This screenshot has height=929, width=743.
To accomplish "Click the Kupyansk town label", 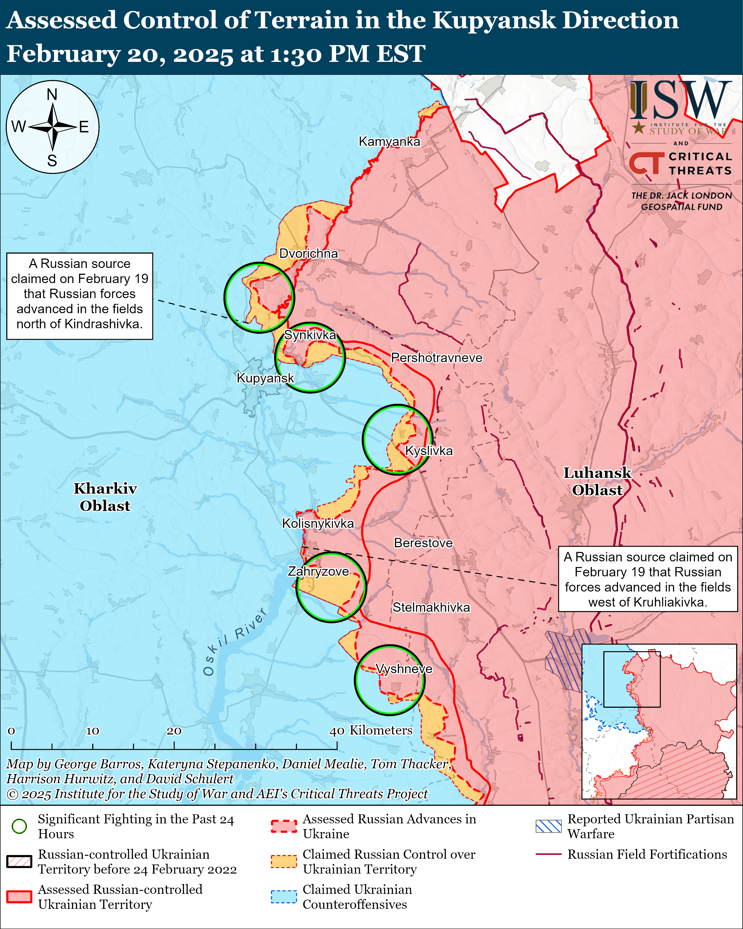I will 265,378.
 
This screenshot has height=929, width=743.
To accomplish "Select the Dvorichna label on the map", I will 308,253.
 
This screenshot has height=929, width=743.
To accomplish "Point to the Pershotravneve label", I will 436,358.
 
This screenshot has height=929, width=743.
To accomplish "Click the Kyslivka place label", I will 429,451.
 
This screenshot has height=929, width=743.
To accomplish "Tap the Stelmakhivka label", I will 431,607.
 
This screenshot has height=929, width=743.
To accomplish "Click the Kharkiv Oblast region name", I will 105,497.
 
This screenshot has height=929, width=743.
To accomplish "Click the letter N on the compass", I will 52,94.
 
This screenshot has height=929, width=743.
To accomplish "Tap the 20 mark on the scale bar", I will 174,731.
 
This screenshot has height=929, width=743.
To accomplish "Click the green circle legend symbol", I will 19,826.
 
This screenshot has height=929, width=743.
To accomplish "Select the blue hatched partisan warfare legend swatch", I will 548,826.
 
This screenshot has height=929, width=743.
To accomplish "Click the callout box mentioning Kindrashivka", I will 80,296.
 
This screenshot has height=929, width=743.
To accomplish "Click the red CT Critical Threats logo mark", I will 646,164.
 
